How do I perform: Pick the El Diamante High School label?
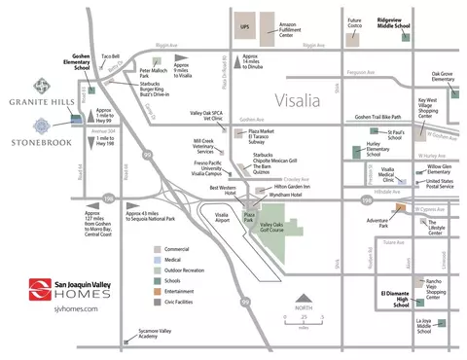point(393,298)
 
